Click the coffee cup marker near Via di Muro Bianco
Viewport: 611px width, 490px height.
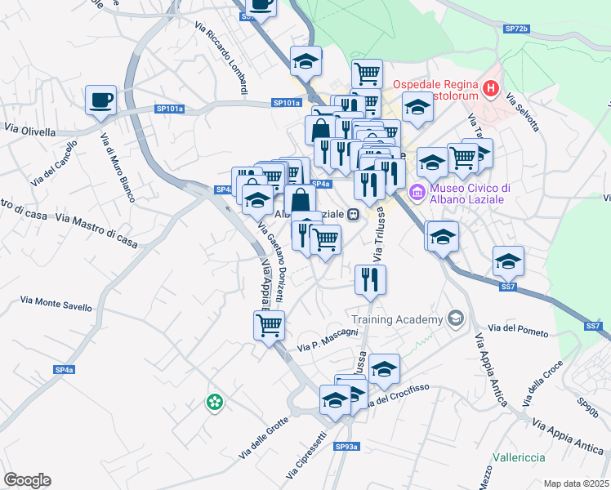[x=100, y=100]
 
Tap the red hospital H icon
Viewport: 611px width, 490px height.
[x=491, y=88]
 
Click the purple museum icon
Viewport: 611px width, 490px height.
[x=417, y=193]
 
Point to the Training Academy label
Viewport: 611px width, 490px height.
[x=396, y=318]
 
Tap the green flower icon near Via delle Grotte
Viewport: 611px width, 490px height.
[x=214, y=402]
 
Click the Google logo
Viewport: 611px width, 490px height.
[x=27, y=480]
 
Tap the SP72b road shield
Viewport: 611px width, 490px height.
[x=516, y=29]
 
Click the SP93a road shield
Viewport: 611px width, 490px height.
[x=346, y=447]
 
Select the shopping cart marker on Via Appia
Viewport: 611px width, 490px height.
[x=269, y=326]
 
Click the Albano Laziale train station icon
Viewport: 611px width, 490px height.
[x=354, y=215]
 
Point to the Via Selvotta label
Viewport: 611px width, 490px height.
[x=523, y=114]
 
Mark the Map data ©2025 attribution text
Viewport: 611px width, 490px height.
[x=577, y=482]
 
